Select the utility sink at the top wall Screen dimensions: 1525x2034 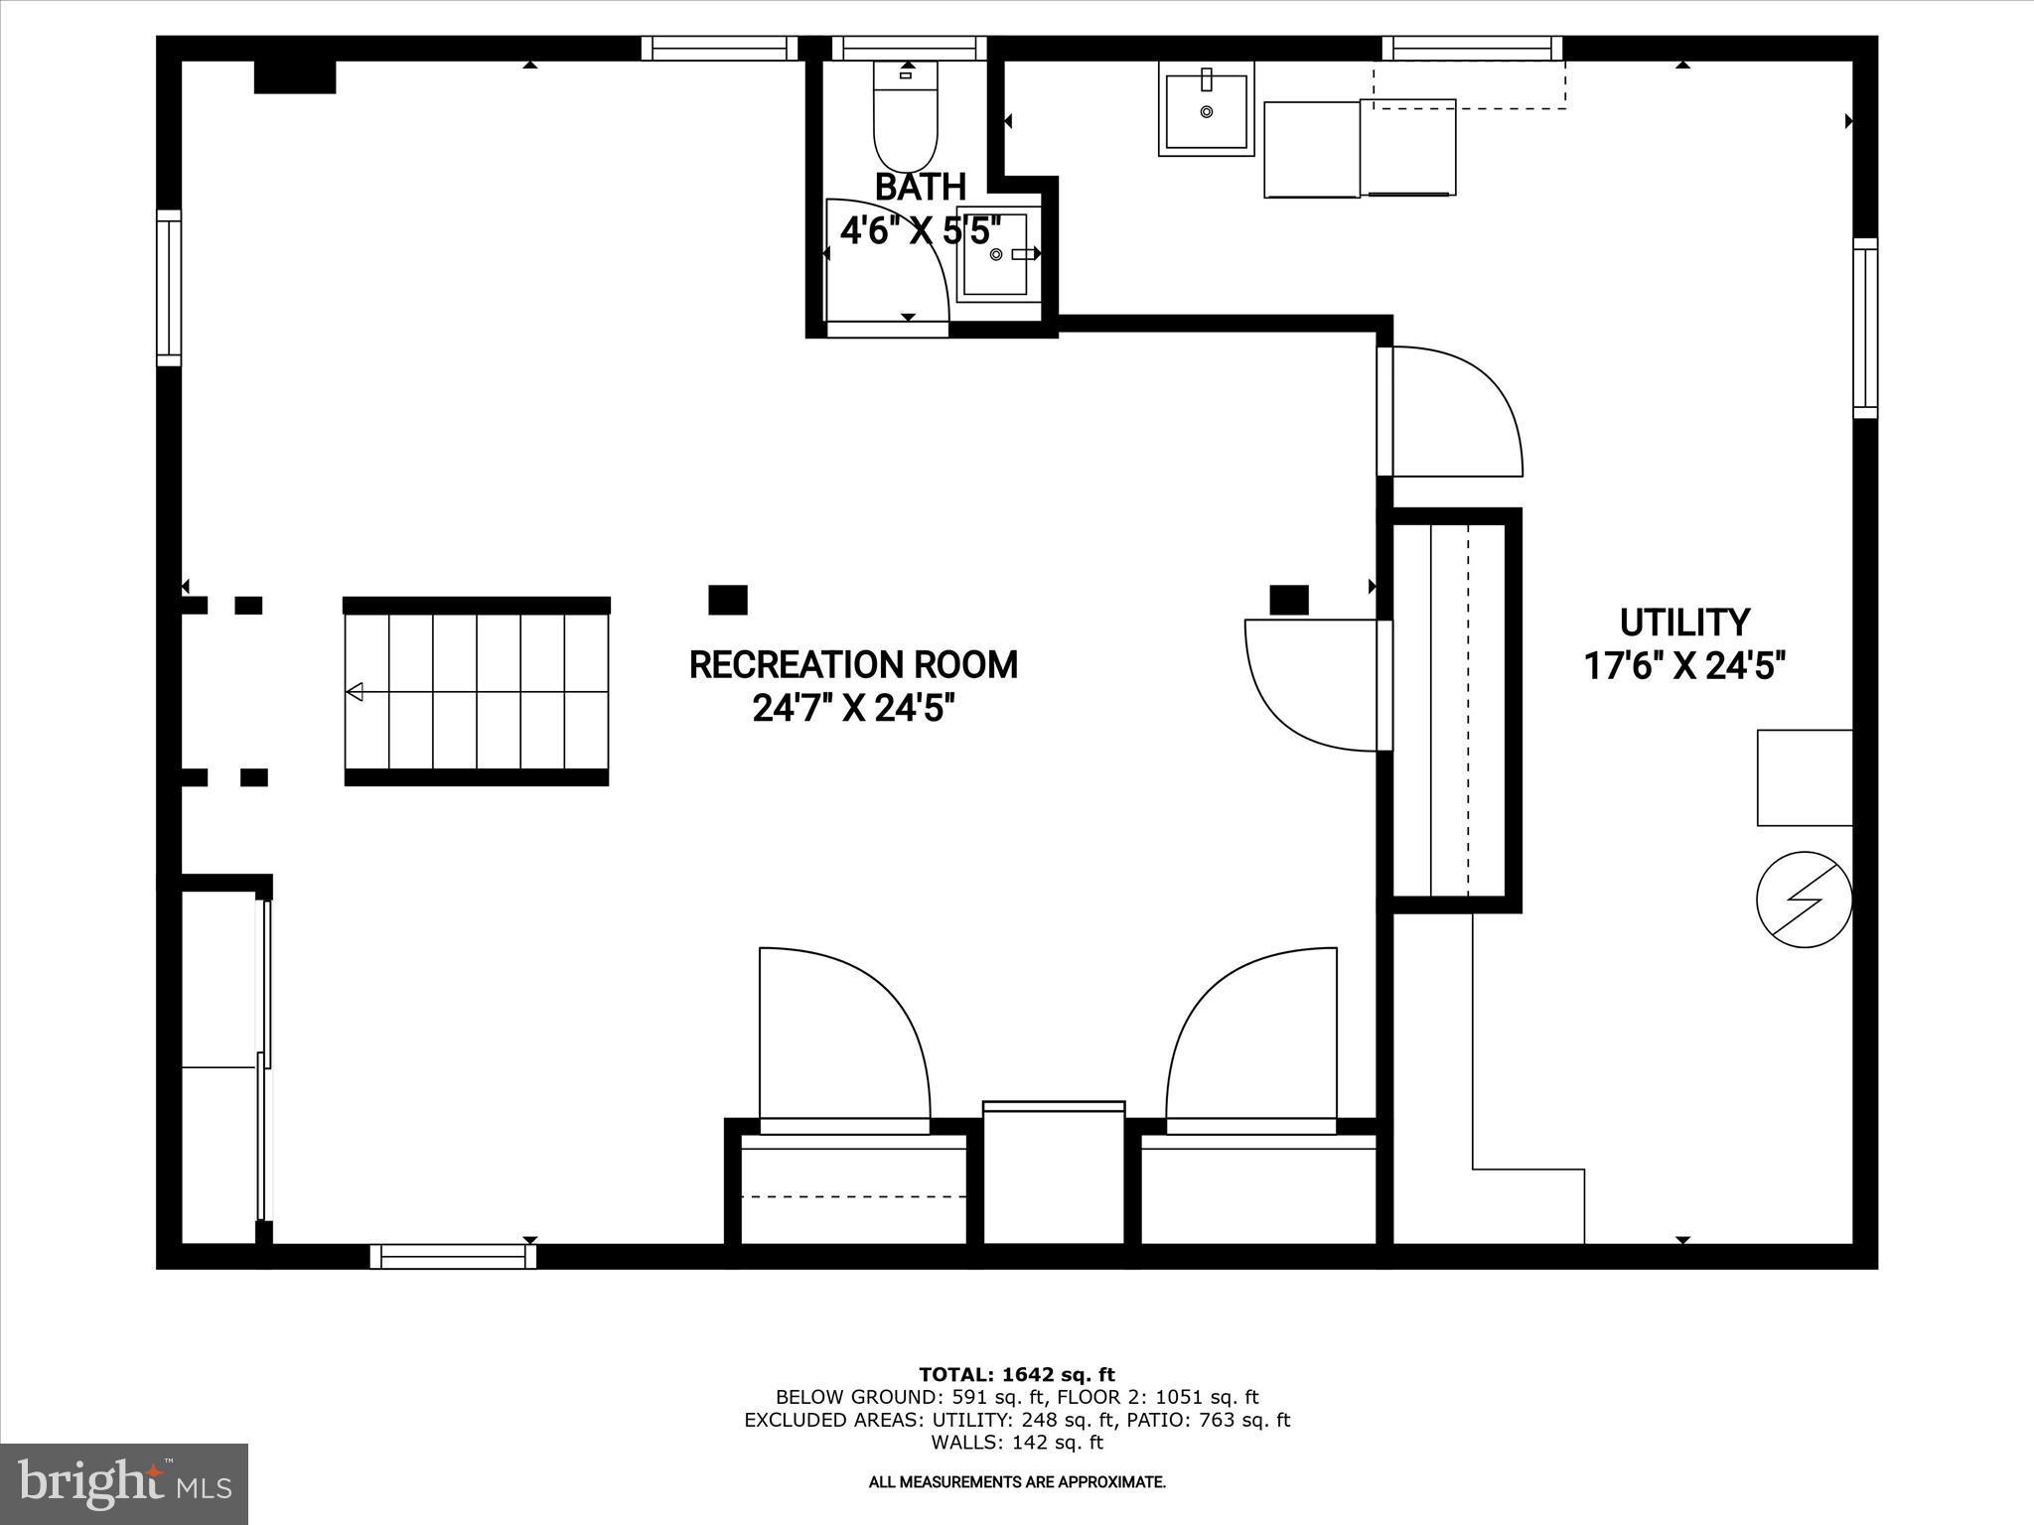point(1207,109)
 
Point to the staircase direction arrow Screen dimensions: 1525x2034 point(355,692)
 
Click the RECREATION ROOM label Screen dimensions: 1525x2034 point(853,665)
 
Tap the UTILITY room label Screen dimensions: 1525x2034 point(1684,623)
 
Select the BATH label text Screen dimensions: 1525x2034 point(920,187)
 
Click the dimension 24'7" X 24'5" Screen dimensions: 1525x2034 point(853,709)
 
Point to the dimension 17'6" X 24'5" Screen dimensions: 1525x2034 point(1684,666)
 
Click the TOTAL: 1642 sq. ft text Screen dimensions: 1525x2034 point(1016,1375)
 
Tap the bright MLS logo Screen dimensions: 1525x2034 point(124,1483)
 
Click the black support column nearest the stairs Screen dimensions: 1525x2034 point(728,600)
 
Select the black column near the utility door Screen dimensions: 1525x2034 point(1289,600)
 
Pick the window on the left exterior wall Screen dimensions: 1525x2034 point(169,288)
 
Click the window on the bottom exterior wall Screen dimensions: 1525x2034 point(453,1257)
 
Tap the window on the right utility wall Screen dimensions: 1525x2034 point(1865,328)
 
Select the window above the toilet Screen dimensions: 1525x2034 point(909,48)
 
